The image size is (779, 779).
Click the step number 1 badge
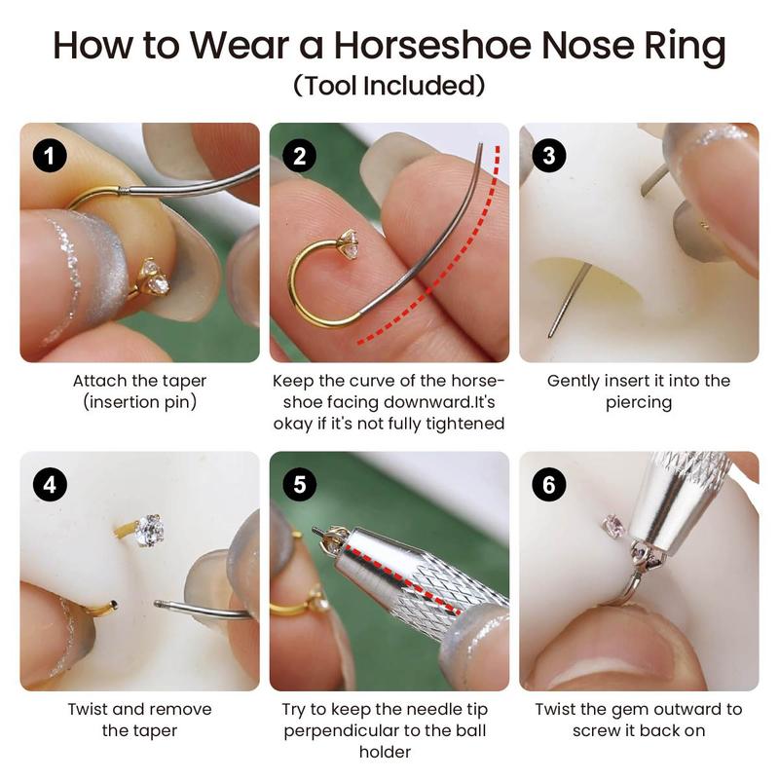50,156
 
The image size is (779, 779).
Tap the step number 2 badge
299,156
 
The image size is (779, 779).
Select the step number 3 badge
549,156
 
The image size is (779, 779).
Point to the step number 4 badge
50,484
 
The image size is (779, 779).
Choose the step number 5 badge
299,484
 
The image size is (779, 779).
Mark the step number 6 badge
549,484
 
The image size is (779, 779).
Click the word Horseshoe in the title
432,45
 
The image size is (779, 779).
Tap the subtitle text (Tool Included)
389,86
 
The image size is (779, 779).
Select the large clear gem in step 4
150,530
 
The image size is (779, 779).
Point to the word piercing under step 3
639,402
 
